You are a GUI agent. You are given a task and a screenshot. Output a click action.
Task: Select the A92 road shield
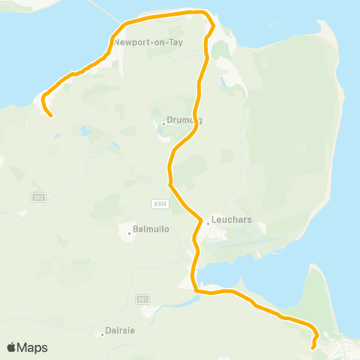[x=37, y=196]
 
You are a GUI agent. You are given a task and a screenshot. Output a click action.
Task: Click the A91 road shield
[x=142, y=298]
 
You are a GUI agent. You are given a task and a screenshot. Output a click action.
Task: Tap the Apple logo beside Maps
[x=12, y=347]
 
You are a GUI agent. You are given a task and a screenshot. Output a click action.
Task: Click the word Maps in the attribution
[x=32, y=347]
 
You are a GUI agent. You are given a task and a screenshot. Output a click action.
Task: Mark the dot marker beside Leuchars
[x=208, y=223]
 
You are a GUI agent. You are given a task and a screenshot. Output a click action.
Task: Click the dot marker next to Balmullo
[x=129, y=232]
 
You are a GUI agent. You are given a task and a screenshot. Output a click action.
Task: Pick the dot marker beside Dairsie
[x=102, y=334]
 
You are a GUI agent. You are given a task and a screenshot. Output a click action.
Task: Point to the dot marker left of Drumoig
[x=163, y=124]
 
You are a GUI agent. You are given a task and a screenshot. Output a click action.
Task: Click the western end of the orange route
[x=50, y=115]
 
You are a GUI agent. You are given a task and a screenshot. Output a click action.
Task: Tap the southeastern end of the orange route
[x=313, y=347]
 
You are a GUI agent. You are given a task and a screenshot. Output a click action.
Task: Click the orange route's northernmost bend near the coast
[x=204, y=13]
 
